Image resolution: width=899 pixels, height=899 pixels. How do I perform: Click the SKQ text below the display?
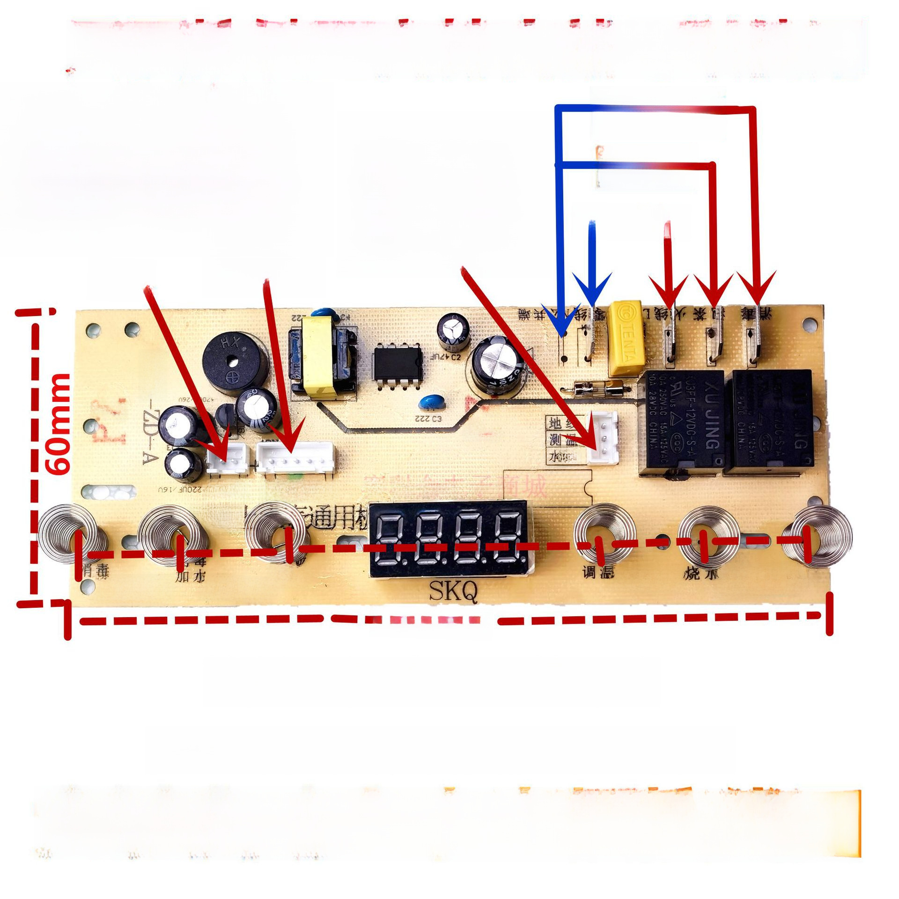coord(454,592)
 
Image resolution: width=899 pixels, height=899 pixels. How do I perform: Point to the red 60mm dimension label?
coord(59,424)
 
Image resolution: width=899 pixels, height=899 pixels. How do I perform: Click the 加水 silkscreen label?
coord(190,576)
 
